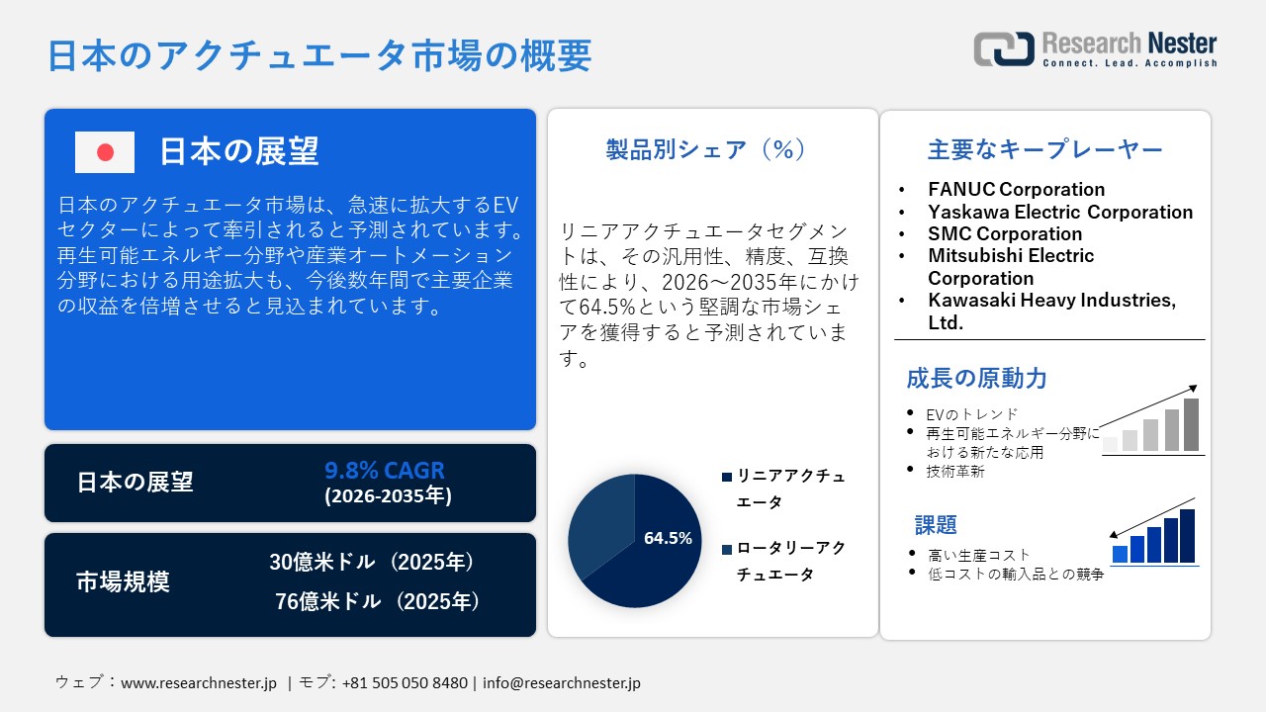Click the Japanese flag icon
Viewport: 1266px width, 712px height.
[105, 151]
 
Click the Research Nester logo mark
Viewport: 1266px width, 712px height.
[1004, 49]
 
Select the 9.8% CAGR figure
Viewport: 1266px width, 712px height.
[384, 470]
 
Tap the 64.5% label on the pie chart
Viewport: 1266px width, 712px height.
[668, 539]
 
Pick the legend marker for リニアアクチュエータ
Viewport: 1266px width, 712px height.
[727, 477]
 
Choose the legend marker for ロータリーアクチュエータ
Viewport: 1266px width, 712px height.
[727, 549]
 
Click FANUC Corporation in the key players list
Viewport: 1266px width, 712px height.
[1016, 189]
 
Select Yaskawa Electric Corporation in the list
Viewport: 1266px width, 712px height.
[1060, 212]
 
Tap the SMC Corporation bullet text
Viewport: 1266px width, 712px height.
[1005, 233]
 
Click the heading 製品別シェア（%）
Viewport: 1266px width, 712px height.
[706, 149]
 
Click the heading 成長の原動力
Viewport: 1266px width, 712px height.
[976, 378]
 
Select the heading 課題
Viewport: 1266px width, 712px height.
[936, 524]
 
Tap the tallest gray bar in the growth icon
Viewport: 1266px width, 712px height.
[1191, 424]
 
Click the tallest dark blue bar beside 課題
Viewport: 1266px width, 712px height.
[1187, 536]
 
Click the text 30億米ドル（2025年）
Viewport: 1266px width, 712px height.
[372, 562]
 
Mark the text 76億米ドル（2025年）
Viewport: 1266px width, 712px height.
[377, 601]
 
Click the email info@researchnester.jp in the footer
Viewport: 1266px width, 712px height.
[562, 683]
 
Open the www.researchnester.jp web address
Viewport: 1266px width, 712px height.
[199, 683]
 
